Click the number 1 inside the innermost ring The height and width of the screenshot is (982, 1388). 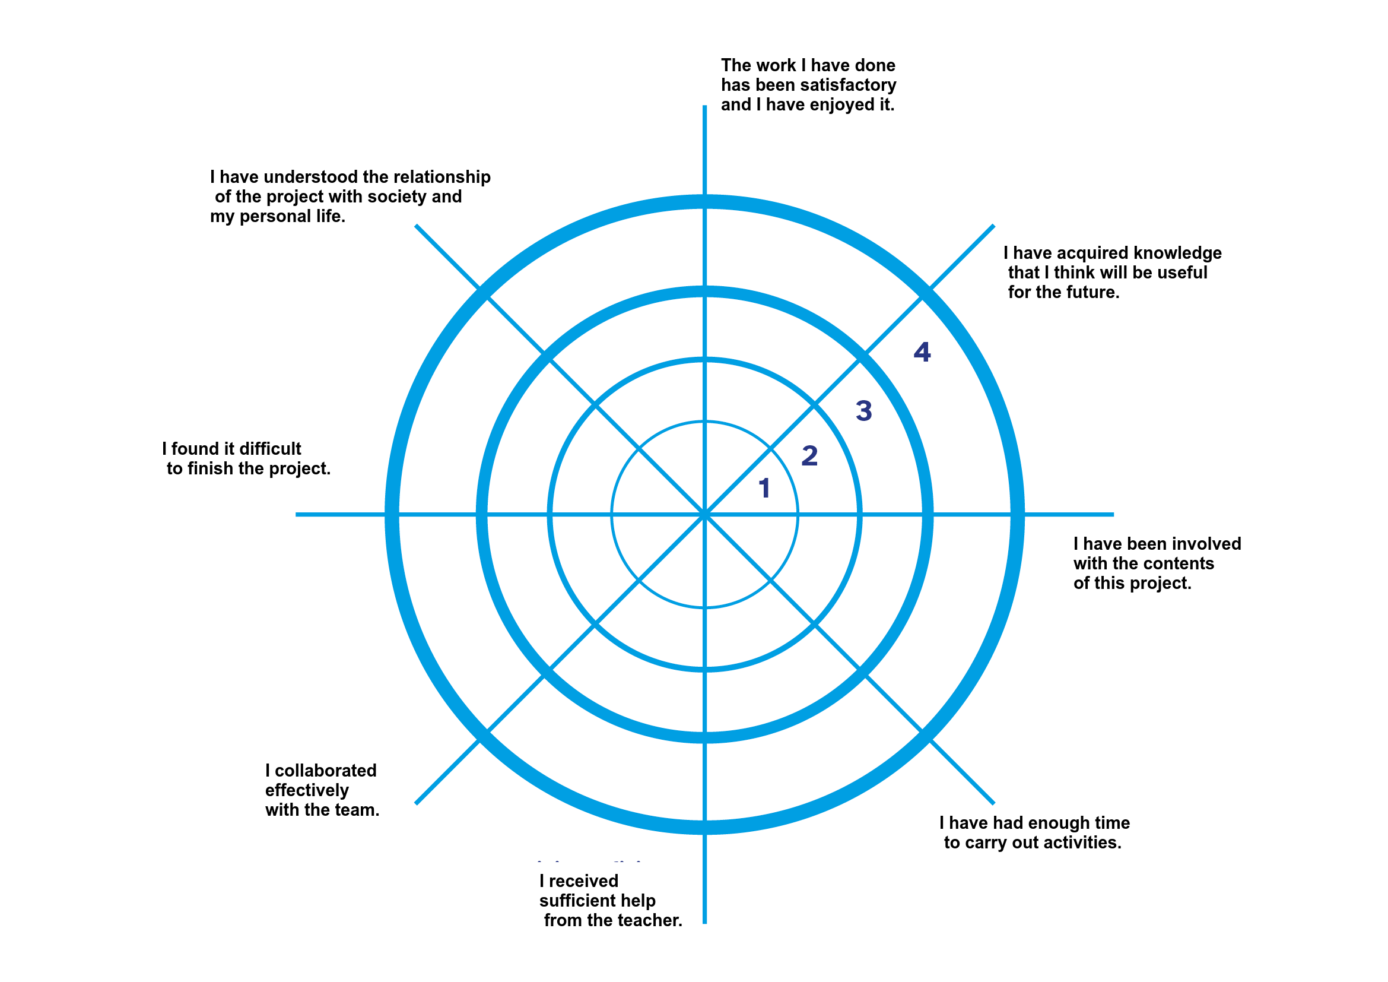click(765, 488)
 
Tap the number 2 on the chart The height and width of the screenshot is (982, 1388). click(809, 456)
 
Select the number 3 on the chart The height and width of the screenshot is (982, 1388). click(864, 411)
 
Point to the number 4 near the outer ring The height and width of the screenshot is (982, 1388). click(922, 352)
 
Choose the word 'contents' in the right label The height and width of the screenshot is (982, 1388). click(1179, 564)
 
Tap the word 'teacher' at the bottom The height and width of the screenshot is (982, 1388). click(653, 921)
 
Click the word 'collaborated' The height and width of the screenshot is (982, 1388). click(325, 771)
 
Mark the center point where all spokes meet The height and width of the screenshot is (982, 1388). click(705, 515)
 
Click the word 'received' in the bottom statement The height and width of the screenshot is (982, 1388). click(583, 882)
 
